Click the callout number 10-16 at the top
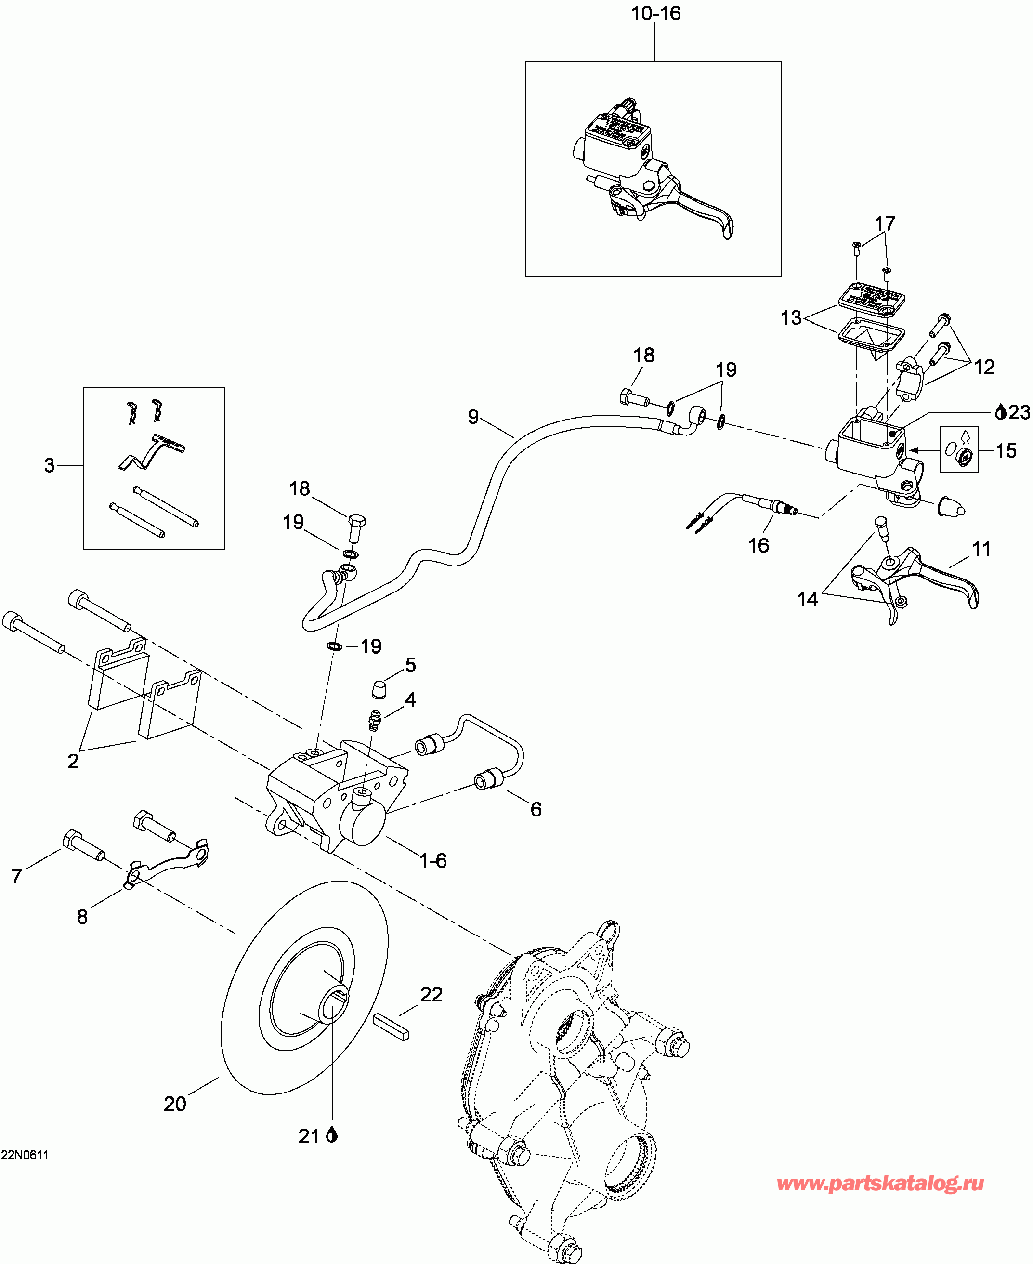tap(655, 13)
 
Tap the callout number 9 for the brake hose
tap(473, 417)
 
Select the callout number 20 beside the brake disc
tap(175, 1105)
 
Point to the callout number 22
tap(432, 994)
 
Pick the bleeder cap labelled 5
tap(379, 690)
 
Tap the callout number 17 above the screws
tap(885, 224)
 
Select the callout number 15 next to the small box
tap(1006, 450)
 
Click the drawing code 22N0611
tap(25, 1155)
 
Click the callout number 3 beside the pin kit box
tap(50, 465)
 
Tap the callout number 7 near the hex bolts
tap(17, 876)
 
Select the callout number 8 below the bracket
tap(82, 917)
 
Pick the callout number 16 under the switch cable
tap(758, 545)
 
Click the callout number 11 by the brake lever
tap(981, 549)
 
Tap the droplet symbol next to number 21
tap(332, 1136)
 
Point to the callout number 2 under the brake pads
tap(73, 761)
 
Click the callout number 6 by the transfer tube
tap(536, 809)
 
